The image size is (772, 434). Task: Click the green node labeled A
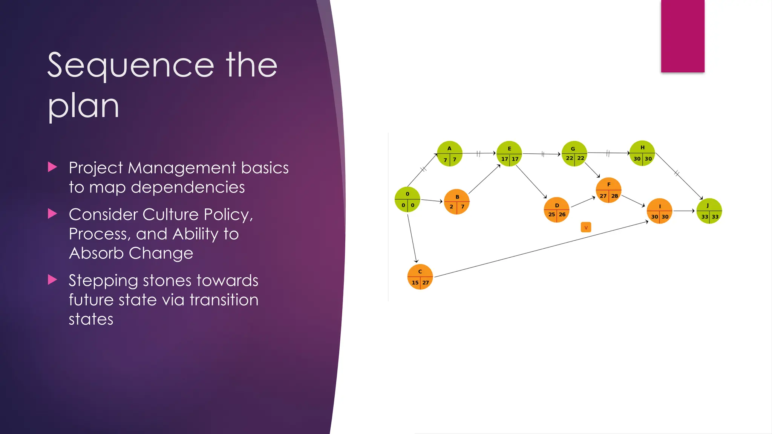tap(449, 154)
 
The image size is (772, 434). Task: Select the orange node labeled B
tap(456, 202)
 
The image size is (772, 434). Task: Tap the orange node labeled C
tap(420, 277)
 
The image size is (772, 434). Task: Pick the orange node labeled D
tap(556, 210)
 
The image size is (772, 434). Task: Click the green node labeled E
tap(509, 154)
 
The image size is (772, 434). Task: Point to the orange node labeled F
tap(608, 190)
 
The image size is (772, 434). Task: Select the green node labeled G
tap(574, 154)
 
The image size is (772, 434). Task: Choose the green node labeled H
tap(642, 153)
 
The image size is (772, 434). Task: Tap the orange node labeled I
tap(659, 211)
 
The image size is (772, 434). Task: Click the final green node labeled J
tap(709, 211)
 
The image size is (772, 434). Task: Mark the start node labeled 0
tap(407, 199)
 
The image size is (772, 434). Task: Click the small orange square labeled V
tap(586, 228)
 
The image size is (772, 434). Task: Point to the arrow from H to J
tap(679, 175)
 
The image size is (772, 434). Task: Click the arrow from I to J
tap(684, 211)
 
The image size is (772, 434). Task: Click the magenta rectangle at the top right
tap(682, 36)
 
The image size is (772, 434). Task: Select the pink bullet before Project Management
tap(52, 167)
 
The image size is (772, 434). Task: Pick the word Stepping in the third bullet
tap(103, 281)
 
